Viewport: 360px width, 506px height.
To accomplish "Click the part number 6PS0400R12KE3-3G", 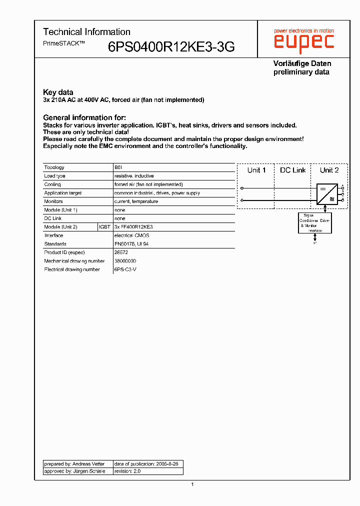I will (x=171, y=47).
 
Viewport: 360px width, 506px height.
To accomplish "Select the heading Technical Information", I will (x=86, y=32).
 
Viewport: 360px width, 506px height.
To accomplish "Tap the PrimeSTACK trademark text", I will (x=64, y=43).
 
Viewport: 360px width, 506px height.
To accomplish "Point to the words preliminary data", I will (x=301, y=72).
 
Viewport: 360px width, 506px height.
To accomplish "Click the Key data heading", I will (x=58, y=92).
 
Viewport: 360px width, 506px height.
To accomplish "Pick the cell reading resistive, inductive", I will (x=134, y=176).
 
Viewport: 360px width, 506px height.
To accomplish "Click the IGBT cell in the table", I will (x=105, y=227).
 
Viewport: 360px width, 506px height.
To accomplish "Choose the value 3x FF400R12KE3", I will (x=133, y=227).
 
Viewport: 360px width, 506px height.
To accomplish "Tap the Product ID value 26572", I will (x=122, y=252).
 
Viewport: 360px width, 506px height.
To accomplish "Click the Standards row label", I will (x=55, y=244).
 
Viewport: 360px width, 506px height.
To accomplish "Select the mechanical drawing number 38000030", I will (x=125, y=261).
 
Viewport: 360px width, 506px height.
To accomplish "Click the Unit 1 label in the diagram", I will (x=256, y=170).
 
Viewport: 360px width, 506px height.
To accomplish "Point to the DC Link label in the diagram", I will (x=292, y=170).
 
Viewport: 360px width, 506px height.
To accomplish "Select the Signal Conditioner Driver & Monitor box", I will (x=314, y=222).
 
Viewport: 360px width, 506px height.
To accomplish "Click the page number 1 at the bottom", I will (x=192, y=484).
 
